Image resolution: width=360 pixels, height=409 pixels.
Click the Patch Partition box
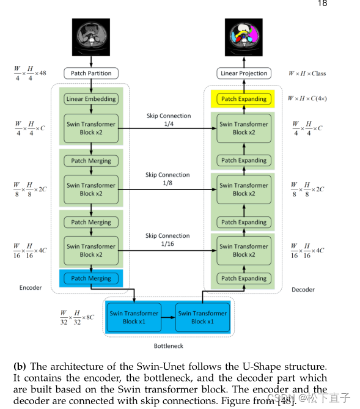[x=91, y=73]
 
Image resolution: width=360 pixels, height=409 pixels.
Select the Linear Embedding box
[x=91, y=99]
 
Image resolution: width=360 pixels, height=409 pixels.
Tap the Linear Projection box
[x=244, y=73]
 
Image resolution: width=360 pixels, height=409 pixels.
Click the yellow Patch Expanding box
[x=244, y=99]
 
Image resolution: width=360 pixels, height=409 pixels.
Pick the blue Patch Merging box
[x=91, y=278]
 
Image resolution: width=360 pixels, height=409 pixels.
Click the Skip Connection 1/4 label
[x=169, y=120]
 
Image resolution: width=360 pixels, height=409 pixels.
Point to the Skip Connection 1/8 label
[x=167, y=179]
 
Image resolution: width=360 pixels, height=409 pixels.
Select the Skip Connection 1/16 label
[x=167, y=240]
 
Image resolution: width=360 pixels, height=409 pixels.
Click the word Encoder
[x=31, y=288]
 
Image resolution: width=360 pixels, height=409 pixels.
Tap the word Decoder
[x=303, y=290]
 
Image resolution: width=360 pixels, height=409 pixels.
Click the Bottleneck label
[x=169, y=346]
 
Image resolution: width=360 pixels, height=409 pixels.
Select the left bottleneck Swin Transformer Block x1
[x=134, y=317]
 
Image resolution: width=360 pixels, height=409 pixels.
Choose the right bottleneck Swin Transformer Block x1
[x=202, y=317]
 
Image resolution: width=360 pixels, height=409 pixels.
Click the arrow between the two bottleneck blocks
[x=168, y=317]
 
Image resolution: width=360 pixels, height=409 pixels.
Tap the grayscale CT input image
[x=91, y=37]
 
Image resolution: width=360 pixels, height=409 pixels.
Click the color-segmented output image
[x=244, y=37]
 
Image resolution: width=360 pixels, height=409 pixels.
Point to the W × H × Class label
[x=307, y=73]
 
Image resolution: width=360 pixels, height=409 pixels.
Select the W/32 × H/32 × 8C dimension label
[x=77, y=317]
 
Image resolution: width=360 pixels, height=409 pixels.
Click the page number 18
[x=323, y=3]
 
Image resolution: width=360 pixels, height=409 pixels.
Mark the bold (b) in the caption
[x=20, y=366]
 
